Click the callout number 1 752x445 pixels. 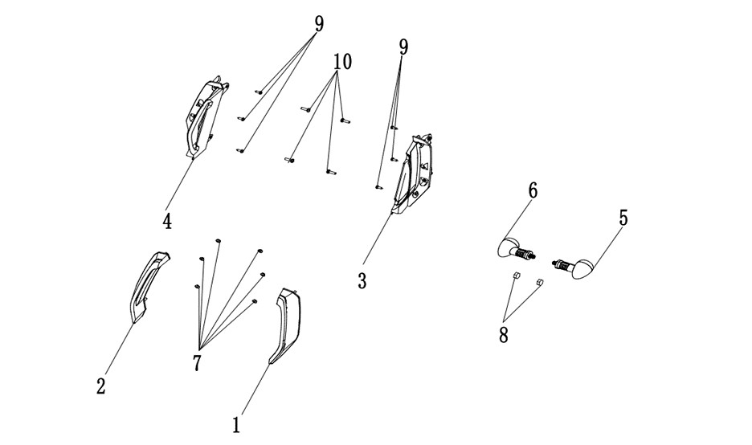[x=236, y=425]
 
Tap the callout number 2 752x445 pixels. [x=100, y=386]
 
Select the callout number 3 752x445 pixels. [x=362, y=280]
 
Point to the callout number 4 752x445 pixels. [x=167, y=221]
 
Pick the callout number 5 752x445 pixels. [x=623, y=218]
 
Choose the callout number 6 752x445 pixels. [x=533, y=190]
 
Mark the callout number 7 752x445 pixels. [x=197, y=363]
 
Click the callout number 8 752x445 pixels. [x=504, y=335]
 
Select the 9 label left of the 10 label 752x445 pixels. [x=319, y=23]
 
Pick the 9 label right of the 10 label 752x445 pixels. [x=403, y=47]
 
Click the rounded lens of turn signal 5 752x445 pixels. [x=583, y=268]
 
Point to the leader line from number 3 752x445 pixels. [x=378, y=239]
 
